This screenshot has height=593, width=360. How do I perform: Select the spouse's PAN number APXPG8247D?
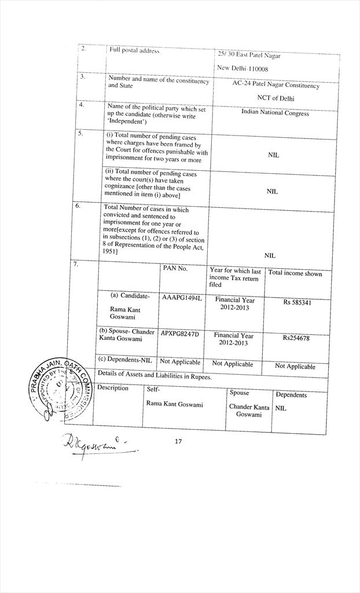pos(179,334)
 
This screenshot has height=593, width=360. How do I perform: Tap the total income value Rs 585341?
pos(297,302)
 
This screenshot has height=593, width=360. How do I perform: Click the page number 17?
pos(178,442)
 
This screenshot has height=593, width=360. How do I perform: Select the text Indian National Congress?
pos(275,113)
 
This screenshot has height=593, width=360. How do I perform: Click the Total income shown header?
pos(295,273)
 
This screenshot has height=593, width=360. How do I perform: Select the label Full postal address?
pos(134,51)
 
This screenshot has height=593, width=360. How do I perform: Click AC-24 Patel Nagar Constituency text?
pos(275,85)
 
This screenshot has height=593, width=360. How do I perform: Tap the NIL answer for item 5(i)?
pos(273,155)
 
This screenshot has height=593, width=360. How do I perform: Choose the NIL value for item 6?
pos(270,255)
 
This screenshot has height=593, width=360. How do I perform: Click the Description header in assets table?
pos(113,388)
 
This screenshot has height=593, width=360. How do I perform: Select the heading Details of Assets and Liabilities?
pos(155,376)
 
